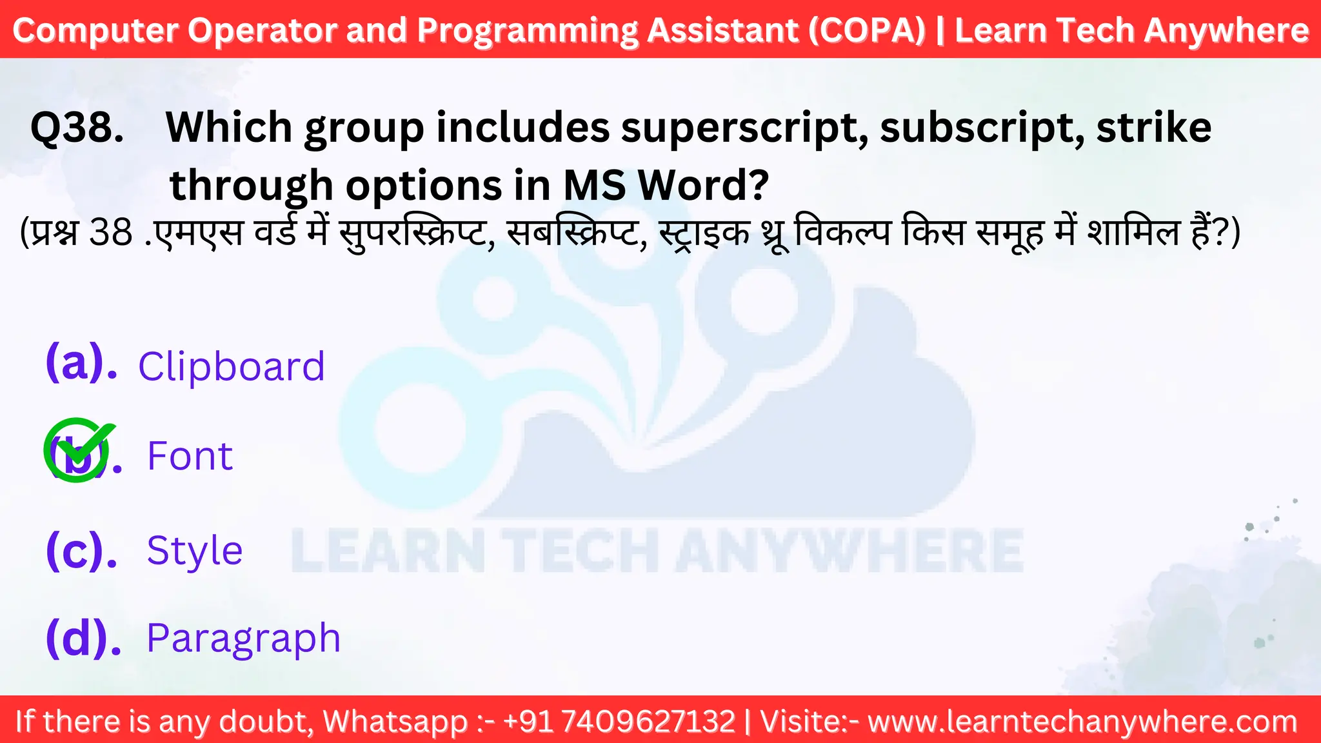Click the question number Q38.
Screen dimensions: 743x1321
pyautogui.click(x=77, y=127)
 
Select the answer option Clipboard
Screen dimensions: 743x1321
pyautogui.click(x=231, y=366)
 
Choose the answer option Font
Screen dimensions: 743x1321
pyautogui.click(x=190, y=456)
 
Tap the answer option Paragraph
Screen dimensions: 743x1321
pyautogui.click(x=243, y=639)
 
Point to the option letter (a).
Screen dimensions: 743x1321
pyautogui.click(x=81, y=363)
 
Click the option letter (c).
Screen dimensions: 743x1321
pyautogui.click(x=81, y=551)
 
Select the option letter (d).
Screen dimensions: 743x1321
pyautogui.click(x=83, y=639)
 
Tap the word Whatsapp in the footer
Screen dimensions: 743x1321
pyautogui.click(x=395, y=721)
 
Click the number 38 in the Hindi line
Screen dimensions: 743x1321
pyautogui.click(x=110, y=233)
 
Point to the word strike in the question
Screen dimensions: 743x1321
pyautogui.click(x=1153, y=127)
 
